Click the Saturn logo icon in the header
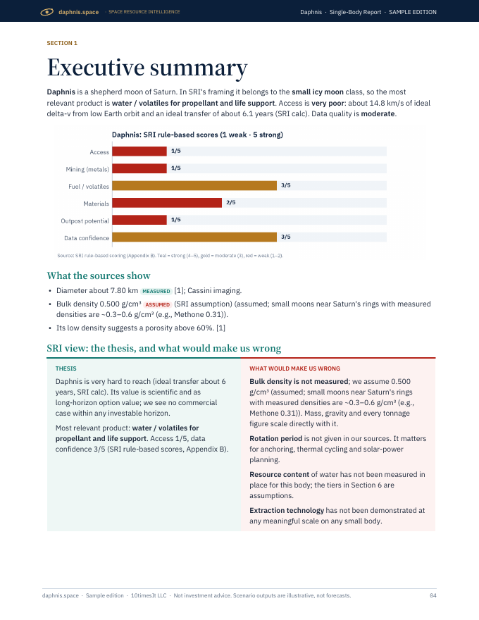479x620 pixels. pos(46,12)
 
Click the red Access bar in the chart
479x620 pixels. pos(139,151)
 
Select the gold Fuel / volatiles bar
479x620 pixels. pos(194,185)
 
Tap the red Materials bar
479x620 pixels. pos(167,203)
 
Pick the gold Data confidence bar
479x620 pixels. pos(194,237)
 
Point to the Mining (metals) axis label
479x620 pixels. pos(87,169)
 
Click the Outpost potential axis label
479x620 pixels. pos(85,221)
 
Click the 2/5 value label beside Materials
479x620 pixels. pos(231,202)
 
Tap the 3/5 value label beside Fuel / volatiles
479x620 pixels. pos(286,185)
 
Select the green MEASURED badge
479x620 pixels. pos(156,292)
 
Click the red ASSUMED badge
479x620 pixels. pos(158,305)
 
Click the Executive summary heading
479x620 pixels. pos(147,68)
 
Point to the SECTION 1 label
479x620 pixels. pos(62,43)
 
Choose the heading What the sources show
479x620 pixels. pos(99,275)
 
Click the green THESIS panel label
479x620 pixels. pos(66,368)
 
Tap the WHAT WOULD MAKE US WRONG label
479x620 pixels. pos(294,368)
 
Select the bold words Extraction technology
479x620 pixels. pos(287,511)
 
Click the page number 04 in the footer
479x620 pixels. pos(433,595)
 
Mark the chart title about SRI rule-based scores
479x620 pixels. pos(197,135)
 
